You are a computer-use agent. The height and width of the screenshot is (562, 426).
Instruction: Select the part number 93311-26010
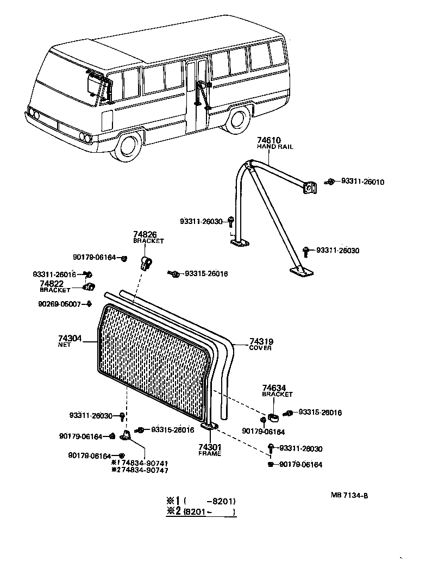tap(362, 182)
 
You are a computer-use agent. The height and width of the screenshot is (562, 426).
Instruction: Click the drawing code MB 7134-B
tap(353, 495)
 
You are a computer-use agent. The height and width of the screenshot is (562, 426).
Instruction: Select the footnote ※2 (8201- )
tap(201, 512)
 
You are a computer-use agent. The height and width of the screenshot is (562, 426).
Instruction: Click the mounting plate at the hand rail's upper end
tap(309, 188)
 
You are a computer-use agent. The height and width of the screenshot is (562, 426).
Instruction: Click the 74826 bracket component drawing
tap(146, 262)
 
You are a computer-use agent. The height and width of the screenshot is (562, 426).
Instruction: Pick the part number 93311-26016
tap(54, 274)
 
